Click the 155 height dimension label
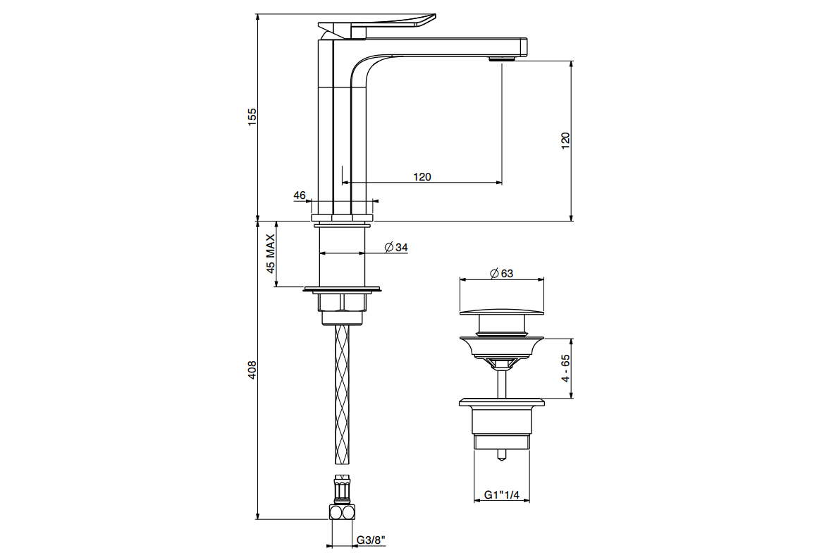pos(252,117)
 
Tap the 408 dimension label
pos(252,370)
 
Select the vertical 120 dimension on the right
pos(566,140)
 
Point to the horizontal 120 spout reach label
pos(422,176)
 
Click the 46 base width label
pos(300,195)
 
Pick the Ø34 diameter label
pos(396,247)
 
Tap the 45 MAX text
pos(271,254)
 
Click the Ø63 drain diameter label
pos(501,273)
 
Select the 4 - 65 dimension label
pos(566,368)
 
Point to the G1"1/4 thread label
pos(502,495)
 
